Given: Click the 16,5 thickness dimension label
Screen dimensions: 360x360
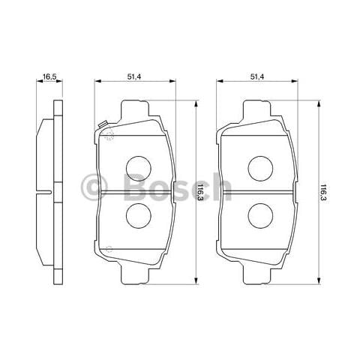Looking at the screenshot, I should pos(50,76).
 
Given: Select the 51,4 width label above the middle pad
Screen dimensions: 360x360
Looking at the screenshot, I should pos(136,76).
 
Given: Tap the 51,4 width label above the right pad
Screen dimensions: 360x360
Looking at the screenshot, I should pos(259,76).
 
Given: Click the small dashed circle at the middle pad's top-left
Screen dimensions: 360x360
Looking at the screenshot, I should pos(108,135).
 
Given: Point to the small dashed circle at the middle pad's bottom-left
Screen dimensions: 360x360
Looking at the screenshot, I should pos(108,248).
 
